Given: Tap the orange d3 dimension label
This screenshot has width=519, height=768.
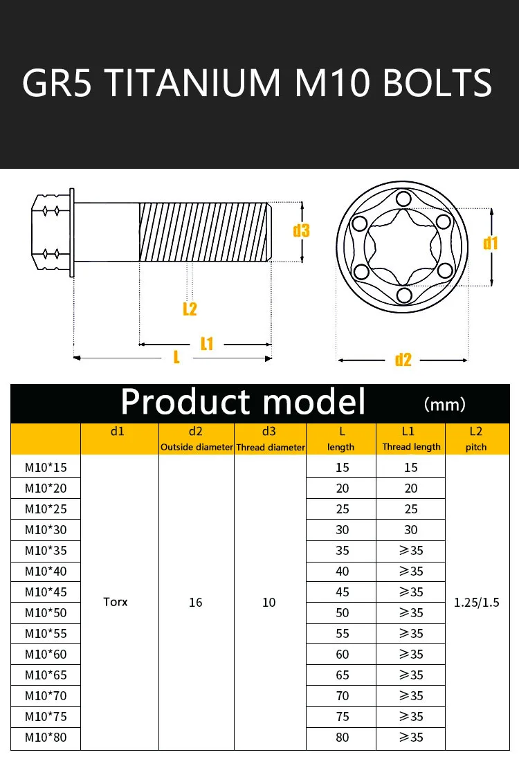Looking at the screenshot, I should (301, 230).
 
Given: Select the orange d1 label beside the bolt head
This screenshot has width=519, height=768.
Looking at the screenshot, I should (491, 243).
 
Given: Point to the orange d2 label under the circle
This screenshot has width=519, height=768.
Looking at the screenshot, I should (403, 360).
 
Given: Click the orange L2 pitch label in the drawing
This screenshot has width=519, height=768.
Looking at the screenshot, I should (190, 309).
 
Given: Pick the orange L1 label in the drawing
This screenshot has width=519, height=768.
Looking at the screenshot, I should (207, 344).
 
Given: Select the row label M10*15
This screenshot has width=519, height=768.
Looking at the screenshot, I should (46, 467).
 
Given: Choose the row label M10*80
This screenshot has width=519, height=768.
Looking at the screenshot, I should (46, 737).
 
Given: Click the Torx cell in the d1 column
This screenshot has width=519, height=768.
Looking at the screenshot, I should (116, 602).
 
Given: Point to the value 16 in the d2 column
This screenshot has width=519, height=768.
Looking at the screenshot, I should (196, 603).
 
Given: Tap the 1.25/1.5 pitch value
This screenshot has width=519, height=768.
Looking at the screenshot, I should (476, 602).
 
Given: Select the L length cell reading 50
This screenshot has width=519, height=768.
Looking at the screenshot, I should (342, 612).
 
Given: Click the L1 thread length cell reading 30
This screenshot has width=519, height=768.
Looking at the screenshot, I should (411, 529).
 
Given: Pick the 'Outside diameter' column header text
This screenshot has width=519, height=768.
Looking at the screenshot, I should (197, 447).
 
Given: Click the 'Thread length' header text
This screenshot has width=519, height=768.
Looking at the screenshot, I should (411, 447).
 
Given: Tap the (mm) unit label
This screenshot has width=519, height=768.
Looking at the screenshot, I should (444, 404).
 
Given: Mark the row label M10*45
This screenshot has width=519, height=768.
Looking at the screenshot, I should (46, 592).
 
